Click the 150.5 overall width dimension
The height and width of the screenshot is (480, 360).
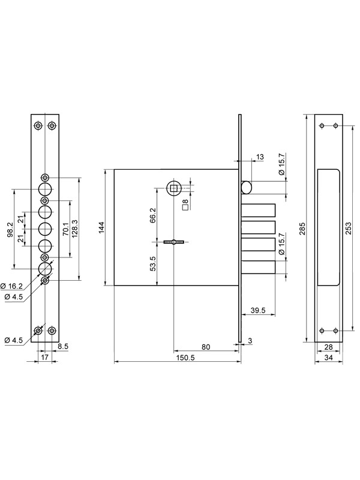tap(185, 357)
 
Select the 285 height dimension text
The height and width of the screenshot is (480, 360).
tap(302, 228)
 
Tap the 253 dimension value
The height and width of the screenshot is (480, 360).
tap(348, 228)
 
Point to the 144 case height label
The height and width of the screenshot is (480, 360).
tap(101, 227)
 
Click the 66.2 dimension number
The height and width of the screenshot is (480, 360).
tap(153, 215)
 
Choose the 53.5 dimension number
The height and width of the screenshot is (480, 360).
tap(153, 263)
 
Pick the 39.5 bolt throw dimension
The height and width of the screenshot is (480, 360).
tap(258, 310)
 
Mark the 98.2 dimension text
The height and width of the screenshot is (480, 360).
tap(10, 230)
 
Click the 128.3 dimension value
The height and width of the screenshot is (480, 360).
tap(74, 229)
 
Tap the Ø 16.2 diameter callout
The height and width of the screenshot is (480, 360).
tap(11, 286)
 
